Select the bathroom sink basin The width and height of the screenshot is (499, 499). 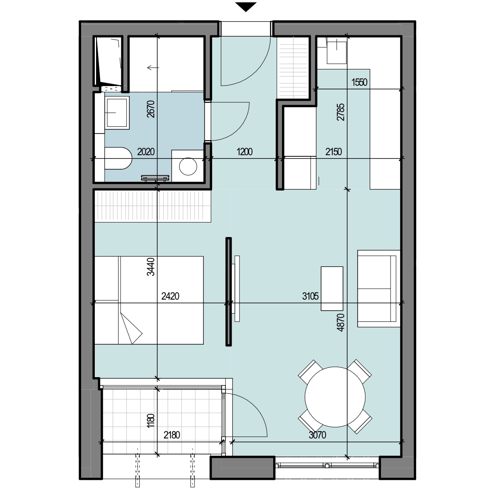point(117,113)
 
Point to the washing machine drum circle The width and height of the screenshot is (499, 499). point(188,166)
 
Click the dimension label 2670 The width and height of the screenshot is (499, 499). point(151,109)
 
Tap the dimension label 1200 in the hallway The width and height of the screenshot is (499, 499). point(245,152)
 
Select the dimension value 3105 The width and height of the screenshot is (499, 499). point(310,296)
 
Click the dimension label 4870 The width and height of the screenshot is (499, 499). point(341,322)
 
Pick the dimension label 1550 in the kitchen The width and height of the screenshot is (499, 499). point(359,82)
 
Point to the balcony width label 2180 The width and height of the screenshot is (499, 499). point(172,435)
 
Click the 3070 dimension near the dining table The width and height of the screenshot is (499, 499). point(317,435)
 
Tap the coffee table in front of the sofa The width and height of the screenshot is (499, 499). point(332,289)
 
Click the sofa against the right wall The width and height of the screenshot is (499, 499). point(379,289)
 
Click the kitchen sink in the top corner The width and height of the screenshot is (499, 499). point(337,50)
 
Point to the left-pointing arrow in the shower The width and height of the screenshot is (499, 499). point(153,68)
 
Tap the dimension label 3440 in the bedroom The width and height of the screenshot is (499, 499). point(151,267)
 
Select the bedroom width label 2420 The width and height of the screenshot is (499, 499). point(170,296)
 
